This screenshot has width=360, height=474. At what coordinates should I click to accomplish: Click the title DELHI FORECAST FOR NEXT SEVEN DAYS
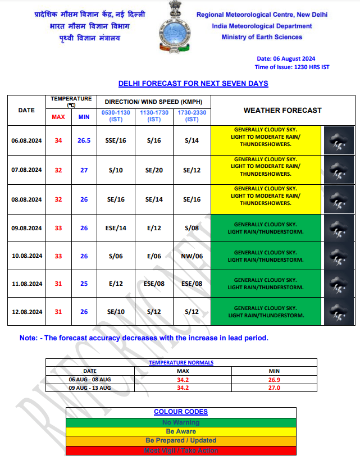[193, 84]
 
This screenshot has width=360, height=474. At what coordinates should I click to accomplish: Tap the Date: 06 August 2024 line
[286, 58]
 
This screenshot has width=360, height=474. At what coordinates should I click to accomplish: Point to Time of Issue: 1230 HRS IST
[292, 67]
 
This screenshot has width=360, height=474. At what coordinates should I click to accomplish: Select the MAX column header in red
[58, 117]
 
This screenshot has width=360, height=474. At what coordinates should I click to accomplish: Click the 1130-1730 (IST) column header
[154, 116]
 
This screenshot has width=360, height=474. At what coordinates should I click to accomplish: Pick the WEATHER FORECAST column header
[282, 110]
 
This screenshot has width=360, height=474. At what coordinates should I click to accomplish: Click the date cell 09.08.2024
[27, 228]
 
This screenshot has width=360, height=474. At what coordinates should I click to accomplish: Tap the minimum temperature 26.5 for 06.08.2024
[84, 140]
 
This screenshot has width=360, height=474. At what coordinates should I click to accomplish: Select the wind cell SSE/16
[116, 140]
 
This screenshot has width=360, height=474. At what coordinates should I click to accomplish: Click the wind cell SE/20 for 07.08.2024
[154, 170]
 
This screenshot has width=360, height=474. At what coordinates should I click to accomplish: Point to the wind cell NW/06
[192, 256]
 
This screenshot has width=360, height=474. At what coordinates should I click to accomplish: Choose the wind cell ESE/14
[116, 228]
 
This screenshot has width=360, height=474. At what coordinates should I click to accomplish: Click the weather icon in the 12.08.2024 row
[339, 312]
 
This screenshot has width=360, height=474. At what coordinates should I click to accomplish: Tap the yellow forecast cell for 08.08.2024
[266, 199]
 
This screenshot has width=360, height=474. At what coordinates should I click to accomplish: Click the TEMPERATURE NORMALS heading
[181, 363]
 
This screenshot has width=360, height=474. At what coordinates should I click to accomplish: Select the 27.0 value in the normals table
[274, 388]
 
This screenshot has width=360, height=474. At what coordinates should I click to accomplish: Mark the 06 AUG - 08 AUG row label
[90, 380]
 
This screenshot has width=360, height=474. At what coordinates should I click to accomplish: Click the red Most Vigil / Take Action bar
[181, 450]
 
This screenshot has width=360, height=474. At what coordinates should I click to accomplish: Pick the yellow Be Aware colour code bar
[181, 431]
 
